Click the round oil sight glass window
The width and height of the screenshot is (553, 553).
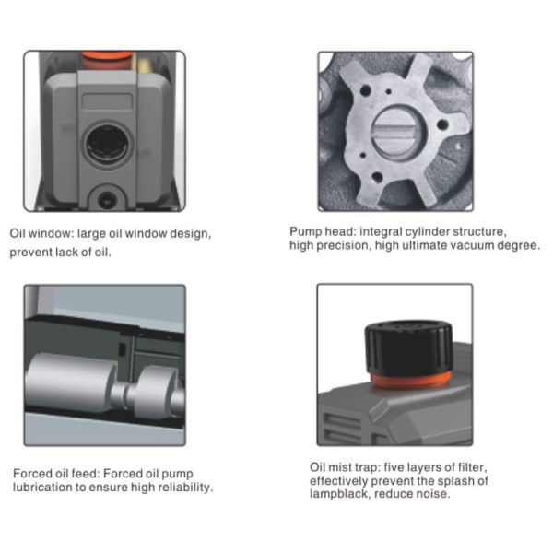[x=107, y=145]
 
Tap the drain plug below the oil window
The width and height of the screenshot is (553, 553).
[x=105, y=200]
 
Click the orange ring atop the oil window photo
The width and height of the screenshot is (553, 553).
[x=108, y=55]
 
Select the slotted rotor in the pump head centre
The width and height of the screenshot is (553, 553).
[x=395, y=134]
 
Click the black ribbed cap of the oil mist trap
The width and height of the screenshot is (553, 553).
[x=408, y=347]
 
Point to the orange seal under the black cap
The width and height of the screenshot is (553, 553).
[x=410, y=380]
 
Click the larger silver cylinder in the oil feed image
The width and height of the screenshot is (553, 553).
[x=71, y=383]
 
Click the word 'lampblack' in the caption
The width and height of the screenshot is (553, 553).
[x=339, y=493]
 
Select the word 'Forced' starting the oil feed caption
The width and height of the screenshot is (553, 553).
[x=29, y=474]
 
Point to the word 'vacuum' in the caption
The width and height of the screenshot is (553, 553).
[x=473, y=245]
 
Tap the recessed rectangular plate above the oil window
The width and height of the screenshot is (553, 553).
[x=107, y=101]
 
